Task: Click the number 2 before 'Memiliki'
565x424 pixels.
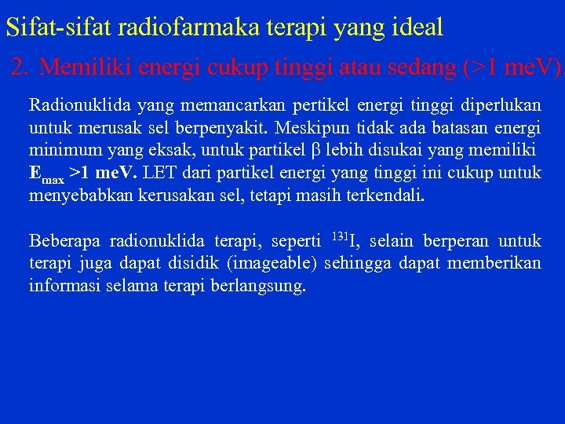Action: tap(19, 68)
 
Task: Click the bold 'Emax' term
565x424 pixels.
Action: tap(46, 174)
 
